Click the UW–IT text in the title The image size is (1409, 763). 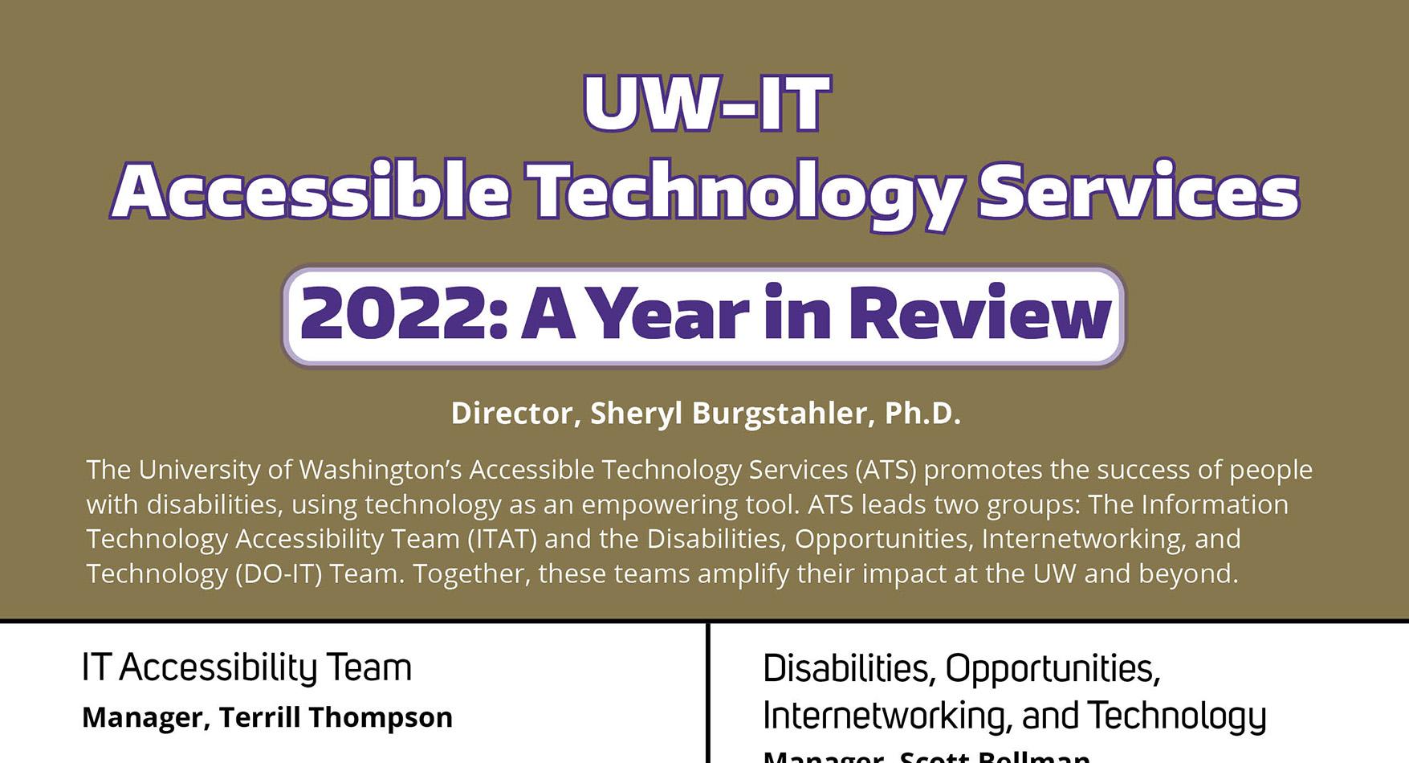[706, 103]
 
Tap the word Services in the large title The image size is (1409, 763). [1138, 192]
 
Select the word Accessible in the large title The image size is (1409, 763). [311, 192]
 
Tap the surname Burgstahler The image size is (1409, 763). [779, 413]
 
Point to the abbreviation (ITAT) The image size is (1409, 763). [502, 538]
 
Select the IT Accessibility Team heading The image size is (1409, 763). [246, 667]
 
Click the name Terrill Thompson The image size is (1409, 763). [336, 717]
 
